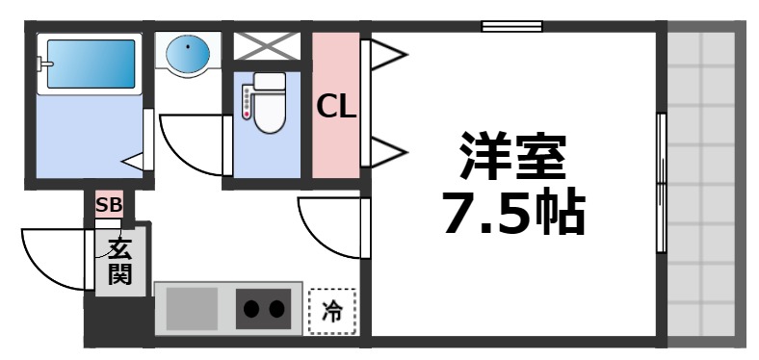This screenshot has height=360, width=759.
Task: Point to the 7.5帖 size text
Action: click(512, 216)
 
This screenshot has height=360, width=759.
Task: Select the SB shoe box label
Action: click(108, 204)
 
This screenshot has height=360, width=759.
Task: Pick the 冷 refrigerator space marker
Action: click(331, 311)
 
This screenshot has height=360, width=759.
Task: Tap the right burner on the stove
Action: click(276, 310)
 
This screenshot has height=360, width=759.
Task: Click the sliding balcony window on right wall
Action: click(661, 183)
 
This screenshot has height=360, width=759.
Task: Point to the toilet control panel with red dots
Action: click(247, 102)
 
